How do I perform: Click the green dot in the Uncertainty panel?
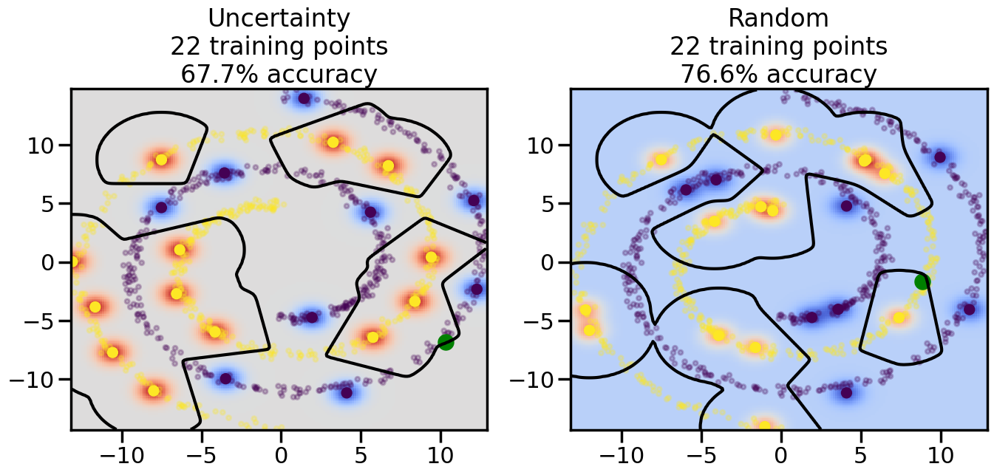(445, 342)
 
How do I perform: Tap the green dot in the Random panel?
(922, 281)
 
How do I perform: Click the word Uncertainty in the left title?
(279, 18)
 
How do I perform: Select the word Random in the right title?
(778, 18)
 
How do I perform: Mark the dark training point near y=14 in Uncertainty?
(304, 98)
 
